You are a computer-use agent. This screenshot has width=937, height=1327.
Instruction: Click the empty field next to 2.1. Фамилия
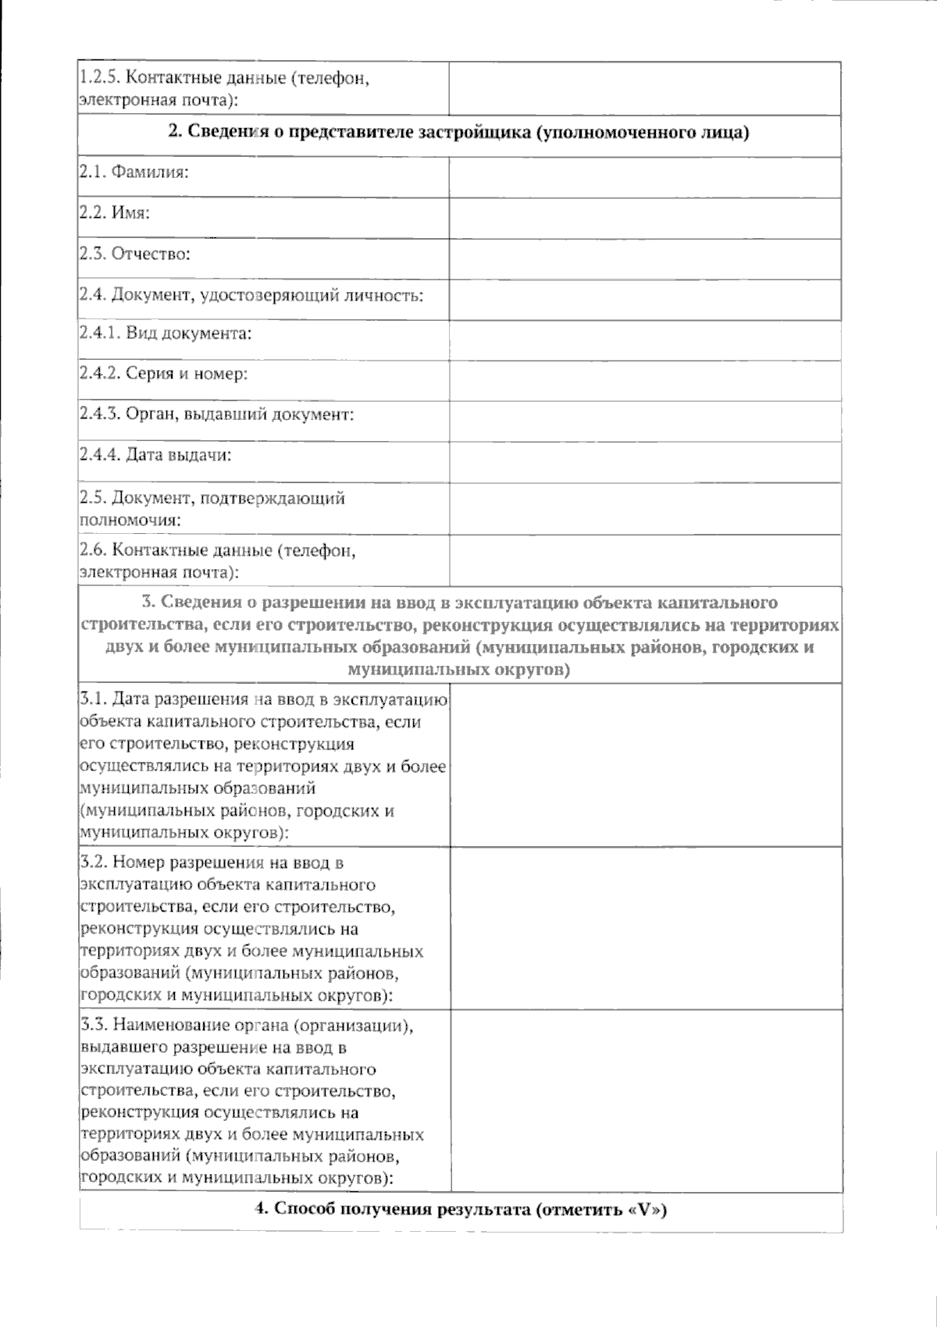pos(645,178)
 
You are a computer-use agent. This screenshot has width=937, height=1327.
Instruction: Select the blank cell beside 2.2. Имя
pos(645,219)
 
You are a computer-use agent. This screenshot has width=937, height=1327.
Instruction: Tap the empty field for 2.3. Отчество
pos(645,259)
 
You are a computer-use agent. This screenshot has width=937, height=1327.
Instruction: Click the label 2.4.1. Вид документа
pos(166,334)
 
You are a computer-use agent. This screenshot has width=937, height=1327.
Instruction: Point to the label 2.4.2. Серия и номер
pos(163,374)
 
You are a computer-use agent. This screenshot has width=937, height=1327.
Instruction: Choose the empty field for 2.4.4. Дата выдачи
pos(645,462)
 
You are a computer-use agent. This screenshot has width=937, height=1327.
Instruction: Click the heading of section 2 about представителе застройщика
pos(459,133)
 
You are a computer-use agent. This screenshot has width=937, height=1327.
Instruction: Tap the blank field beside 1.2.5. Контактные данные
pos(645,89)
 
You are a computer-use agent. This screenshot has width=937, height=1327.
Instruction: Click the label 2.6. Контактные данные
pos(218,561)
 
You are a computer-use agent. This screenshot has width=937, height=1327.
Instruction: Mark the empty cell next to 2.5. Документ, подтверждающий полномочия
pos(645,508)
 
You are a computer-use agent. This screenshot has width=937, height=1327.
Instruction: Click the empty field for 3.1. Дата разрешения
pos(647,765)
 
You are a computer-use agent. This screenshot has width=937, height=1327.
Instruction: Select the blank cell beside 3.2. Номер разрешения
pos(647,929)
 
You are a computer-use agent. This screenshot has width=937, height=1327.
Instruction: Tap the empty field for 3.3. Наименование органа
pos(647,1101)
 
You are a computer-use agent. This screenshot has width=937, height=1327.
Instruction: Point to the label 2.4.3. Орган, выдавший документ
pos(217,414)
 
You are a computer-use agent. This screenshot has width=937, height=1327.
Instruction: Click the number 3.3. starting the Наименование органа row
pos(93,1025)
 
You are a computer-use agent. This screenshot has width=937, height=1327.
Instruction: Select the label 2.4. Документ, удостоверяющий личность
pos(251,296)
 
